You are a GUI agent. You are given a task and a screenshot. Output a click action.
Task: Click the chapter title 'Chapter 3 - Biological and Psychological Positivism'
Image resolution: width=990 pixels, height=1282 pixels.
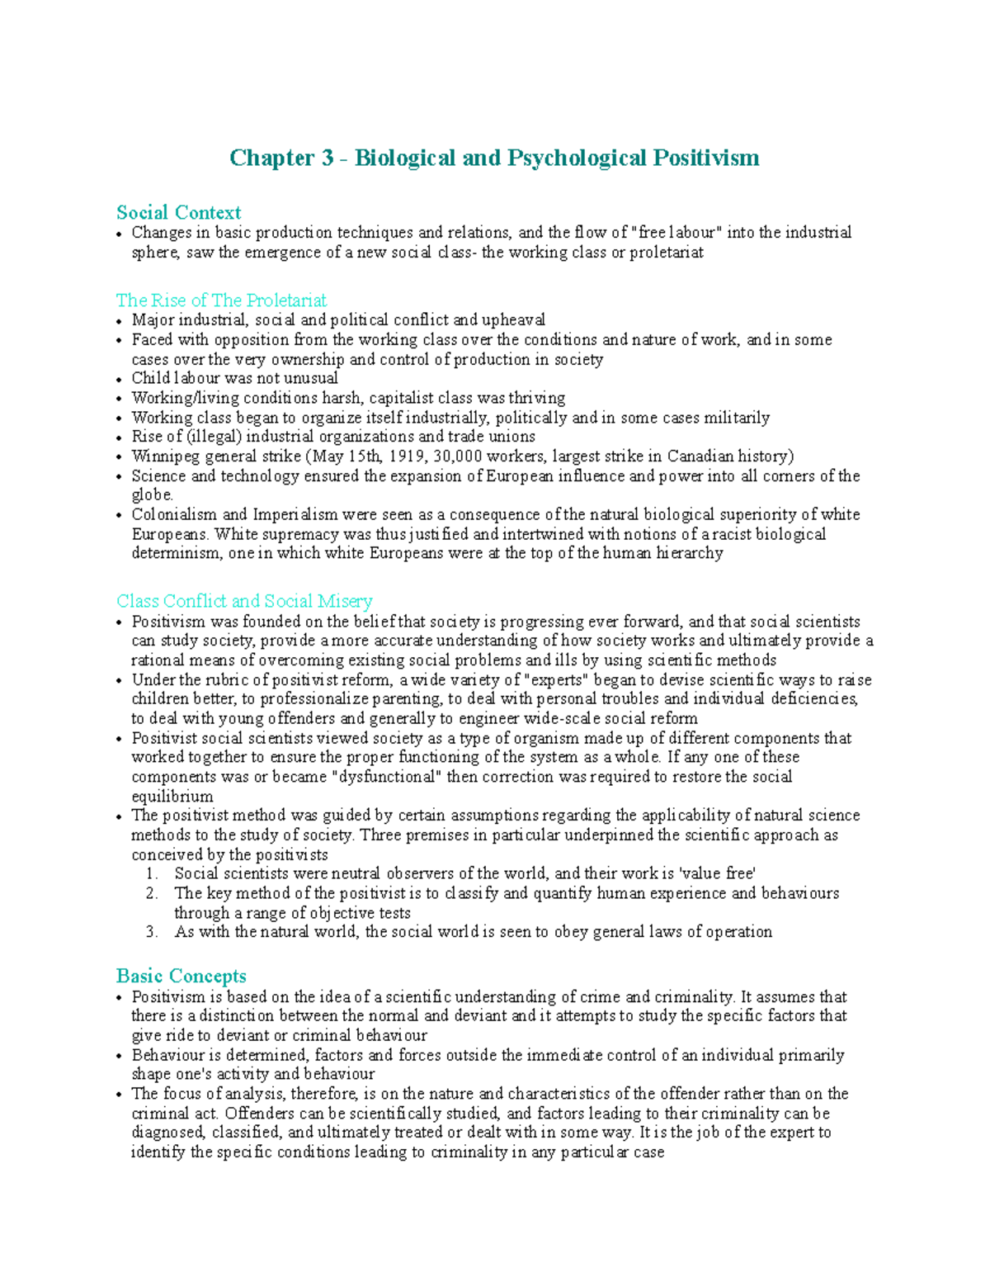point(494,158)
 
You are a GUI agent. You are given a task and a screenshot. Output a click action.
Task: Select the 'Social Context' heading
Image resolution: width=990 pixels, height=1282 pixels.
point(178,213)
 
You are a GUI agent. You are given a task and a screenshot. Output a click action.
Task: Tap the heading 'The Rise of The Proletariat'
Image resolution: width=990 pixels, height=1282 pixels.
point(221,300)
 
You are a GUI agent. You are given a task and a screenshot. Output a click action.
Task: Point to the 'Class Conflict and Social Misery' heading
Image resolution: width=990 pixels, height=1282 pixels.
point(244,601)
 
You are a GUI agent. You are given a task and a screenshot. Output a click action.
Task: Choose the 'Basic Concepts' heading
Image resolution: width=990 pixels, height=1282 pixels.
point(181,977)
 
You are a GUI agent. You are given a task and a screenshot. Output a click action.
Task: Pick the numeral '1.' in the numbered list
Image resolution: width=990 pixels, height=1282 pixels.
point(151,874)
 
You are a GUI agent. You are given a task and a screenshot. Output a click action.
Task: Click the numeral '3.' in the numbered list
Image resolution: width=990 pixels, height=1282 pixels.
point(151,933)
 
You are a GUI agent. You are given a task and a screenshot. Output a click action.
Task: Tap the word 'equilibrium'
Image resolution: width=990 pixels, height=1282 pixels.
point(172,797)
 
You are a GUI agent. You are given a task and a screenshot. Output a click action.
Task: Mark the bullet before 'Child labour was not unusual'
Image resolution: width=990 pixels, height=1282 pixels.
point(120,380)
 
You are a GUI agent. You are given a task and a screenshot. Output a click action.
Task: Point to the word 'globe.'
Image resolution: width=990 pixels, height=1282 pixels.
point(153,495)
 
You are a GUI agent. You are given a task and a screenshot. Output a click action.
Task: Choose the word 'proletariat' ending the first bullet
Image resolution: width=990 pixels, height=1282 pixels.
point(667,253)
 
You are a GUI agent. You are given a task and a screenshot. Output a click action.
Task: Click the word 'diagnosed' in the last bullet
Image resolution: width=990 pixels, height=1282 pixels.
point(167,1133)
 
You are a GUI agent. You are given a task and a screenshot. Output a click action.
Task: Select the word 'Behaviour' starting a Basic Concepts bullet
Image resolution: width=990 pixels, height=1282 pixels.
point(168,1055)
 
